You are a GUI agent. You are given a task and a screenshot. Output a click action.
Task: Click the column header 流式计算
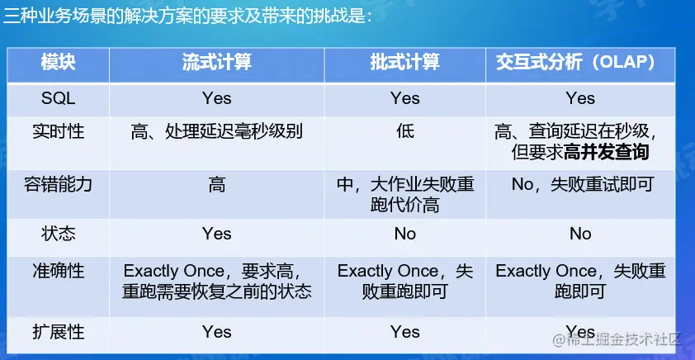(x=217, y=63)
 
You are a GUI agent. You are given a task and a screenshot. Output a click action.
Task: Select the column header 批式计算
(x=405, y=63)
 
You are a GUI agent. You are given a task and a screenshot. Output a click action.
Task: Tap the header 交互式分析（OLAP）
(x=580, y=63)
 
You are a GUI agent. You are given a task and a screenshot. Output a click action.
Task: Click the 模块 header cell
(x=58, y=63)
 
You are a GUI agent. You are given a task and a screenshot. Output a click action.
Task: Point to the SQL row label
(x=58, y=98)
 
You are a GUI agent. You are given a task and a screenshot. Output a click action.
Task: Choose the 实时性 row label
(x=58, y=131)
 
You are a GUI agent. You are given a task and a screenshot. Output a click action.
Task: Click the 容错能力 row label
(x=58, y=184)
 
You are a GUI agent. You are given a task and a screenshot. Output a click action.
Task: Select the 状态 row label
(x=58, y=234)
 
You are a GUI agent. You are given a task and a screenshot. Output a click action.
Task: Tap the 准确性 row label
(x=58, y=271)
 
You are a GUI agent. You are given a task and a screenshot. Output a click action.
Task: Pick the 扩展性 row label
(x=58, y=332)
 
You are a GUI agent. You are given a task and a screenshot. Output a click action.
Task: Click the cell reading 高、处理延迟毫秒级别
(x=217, y=131)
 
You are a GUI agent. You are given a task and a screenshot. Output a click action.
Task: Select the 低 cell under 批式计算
(x=405, y=131)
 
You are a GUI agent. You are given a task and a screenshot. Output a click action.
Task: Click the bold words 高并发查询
(x=607, y=153)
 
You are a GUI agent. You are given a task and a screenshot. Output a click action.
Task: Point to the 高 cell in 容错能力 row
(x=217, y=184)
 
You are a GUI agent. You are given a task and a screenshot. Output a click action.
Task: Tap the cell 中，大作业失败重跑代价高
(x=405, y=195)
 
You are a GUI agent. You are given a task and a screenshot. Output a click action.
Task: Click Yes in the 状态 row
(x=217, y=234)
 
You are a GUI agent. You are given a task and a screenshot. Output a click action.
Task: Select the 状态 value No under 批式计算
(x=405, y=234)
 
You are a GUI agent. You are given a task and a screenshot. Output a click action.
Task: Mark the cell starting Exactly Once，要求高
(x=217, y=281)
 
